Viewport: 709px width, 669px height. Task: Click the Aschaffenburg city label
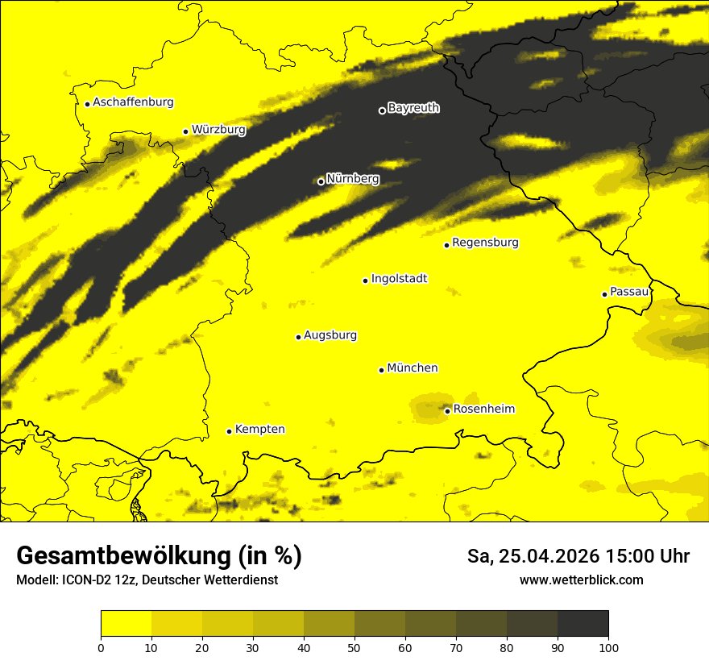[x=133, y=102]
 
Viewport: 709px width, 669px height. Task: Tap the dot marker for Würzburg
[x=185, y=131]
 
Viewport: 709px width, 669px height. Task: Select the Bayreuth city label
[x=413, y=108]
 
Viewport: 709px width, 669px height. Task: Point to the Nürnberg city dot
[x=321, y=181]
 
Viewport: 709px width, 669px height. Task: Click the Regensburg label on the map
[x=485, y=243]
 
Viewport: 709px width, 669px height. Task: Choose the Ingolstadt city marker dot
[x=365, y=280]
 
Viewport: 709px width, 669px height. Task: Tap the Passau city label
[x=629, y=292]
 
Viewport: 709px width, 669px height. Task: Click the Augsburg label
[x=330, y=335]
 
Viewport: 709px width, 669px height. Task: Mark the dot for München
[x=381, y=370]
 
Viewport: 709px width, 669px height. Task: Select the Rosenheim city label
[x=483, y=409]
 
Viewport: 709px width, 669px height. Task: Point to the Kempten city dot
[x=229, y=431]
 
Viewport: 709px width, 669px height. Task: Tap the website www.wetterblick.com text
[x=581, y=580]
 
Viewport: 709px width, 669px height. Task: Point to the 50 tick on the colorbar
[x=354, y=646]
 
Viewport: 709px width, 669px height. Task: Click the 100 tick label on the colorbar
[x=608, y=646]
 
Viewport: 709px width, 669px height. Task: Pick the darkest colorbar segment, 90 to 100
[x=583, y=623]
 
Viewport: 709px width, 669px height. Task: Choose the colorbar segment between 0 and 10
[x=126, y=623]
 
